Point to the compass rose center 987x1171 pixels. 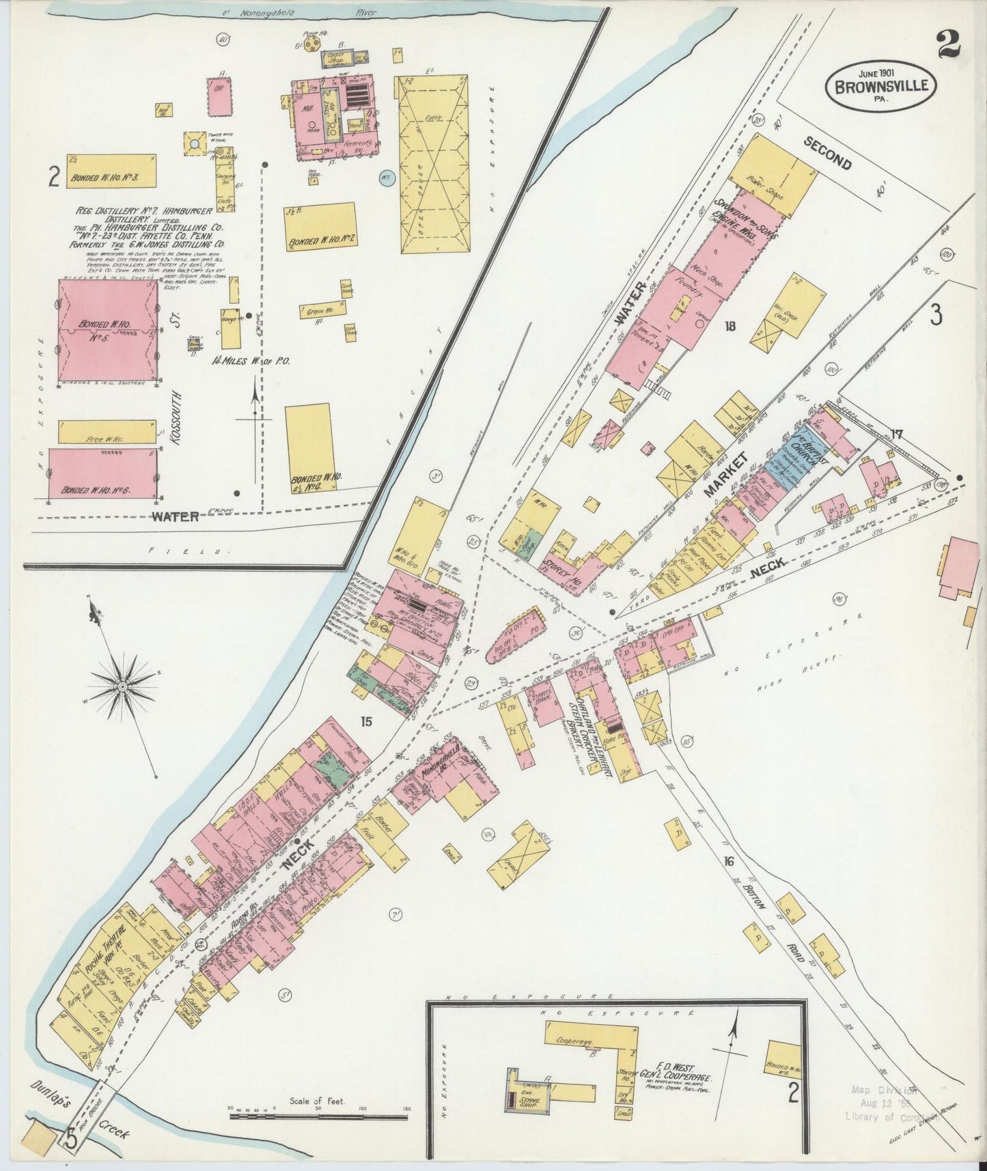coord(122,685)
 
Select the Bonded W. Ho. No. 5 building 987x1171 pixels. coord(107,331)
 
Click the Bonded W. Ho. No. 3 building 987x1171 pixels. coord(111,171)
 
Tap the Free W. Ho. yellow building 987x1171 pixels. coord(107,431)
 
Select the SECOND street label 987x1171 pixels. coord(827,153)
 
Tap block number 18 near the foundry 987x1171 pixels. coord(730,326)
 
